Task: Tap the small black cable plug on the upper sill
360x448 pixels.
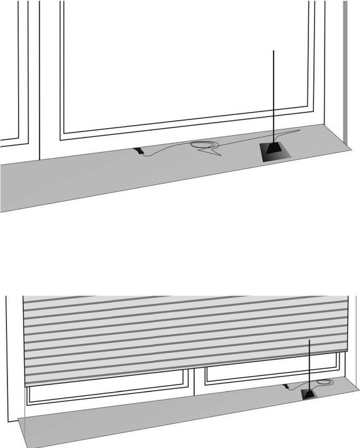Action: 141,151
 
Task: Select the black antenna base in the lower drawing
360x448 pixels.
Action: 308,395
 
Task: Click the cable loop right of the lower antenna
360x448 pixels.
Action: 325,385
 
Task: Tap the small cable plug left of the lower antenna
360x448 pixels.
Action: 287,388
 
